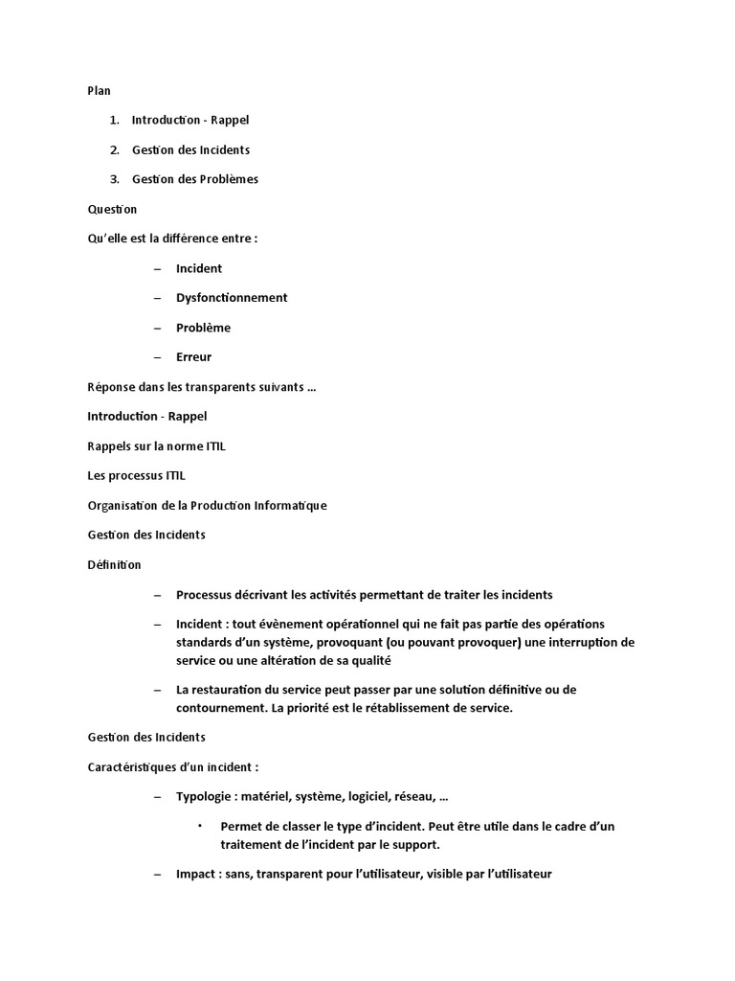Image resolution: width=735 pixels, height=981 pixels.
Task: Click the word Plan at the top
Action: [99, 91]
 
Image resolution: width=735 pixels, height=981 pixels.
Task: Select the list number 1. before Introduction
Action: [114, 120]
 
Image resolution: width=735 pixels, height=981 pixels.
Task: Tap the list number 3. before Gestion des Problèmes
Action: [114, 179]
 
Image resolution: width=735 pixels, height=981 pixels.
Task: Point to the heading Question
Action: [112, 209]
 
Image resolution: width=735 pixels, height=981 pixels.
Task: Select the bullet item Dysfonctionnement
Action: [232, 298]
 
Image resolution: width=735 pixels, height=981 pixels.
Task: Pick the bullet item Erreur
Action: [193, 357]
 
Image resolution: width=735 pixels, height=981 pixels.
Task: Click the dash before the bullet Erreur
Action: [157, 357]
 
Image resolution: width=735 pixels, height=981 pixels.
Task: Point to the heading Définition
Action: [114, 565]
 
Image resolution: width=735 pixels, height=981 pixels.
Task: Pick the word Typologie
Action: [205, 797]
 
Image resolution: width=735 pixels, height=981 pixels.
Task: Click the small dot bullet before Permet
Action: [200, 826]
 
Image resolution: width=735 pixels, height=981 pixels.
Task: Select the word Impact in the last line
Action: [196, 875]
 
